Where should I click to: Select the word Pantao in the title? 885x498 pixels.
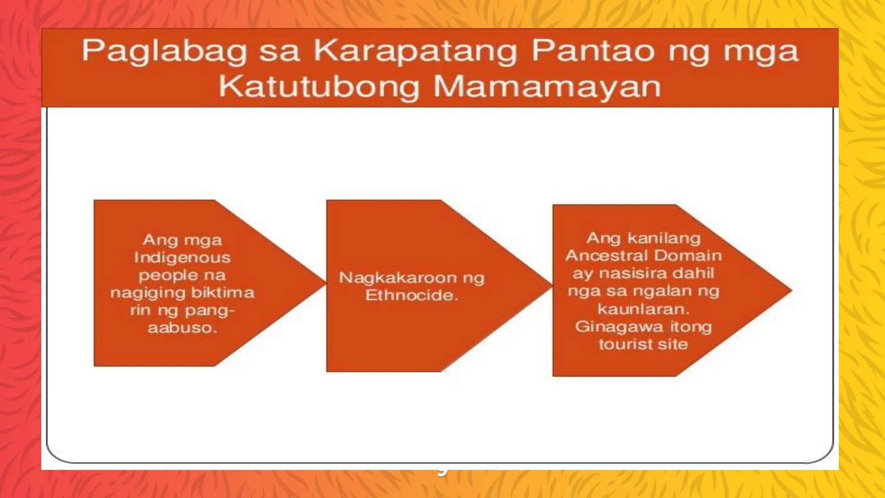tap(595, 51)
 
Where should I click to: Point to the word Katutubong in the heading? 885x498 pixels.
tap(318, 86)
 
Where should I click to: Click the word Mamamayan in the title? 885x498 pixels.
tap(547, 86)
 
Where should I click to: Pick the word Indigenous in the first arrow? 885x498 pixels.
tap(182, 258)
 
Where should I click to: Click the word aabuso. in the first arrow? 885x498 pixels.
tap(182, 328)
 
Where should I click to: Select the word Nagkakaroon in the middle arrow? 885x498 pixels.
tap(398, 278)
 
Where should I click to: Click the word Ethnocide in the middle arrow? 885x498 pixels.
tap(411, 295)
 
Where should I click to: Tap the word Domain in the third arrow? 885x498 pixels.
tap(688, 255)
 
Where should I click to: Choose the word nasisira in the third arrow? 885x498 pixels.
tap(630, 273)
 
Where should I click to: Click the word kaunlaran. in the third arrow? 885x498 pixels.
tap(643, 309)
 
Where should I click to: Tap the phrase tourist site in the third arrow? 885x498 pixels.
tap(643, 344)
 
